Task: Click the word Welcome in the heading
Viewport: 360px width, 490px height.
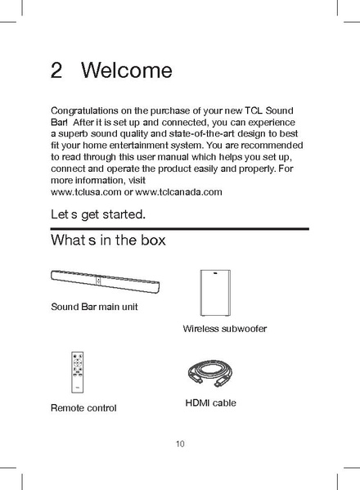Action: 128,70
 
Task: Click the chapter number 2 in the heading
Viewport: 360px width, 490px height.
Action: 56,70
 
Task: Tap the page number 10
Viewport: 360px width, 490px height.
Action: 180,444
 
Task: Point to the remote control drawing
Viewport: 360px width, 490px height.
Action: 79,373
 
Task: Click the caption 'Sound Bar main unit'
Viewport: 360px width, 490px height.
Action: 94,307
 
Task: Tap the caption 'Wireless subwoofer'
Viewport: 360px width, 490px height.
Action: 225,328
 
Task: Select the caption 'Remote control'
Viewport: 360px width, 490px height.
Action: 83,407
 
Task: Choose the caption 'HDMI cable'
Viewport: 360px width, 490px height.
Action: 210,402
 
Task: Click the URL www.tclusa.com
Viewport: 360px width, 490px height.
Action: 80,191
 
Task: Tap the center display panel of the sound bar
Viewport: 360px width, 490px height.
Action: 98,281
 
